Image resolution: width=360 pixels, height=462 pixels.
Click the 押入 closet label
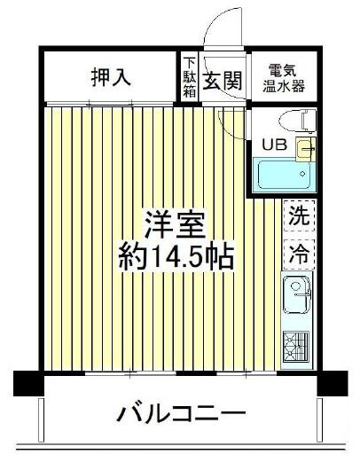(111, 77)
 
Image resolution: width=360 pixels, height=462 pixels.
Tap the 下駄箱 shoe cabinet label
(189, 77)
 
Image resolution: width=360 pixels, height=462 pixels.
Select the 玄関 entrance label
(223, 81)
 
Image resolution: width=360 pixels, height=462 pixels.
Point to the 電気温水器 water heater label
(284, 78)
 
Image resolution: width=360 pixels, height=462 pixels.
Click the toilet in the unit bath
(298, 121)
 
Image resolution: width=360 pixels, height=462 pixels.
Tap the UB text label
(275, 145)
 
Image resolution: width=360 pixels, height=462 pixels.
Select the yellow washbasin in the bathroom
(306, 149)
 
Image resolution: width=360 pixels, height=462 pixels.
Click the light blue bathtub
(285, 175)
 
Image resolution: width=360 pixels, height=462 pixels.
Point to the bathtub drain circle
(302, 174)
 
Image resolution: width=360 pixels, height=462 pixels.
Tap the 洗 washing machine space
(299, 215)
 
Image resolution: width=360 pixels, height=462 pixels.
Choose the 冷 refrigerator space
(299, 254)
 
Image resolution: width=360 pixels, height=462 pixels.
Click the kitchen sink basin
(297, 294)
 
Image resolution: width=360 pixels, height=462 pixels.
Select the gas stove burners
(296, 347)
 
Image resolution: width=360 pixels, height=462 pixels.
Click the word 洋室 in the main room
(175, 224)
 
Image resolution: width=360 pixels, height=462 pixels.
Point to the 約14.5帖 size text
(176, 256)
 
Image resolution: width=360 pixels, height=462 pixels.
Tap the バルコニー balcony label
(181, 413)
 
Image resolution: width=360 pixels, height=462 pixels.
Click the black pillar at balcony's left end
(28, 383)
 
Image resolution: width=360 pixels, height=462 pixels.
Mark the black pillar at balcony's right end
(333, 383)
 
